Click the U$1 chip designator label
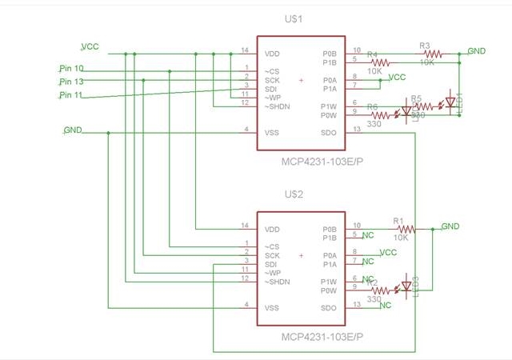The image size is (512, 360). (x=300, y=18)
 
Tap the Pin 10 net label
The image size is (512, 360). (x=71, y=69)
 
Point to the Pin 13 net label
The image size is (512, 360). (x=71, y=82)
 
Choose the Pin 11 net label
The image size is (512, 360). (x=71, y=95)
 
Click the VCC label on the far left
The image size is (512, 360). (x=90, y=46)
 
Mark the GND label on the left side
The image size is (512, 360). (x=72, y=130)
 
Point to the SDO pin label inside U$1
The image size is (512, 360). (x=329, y=132)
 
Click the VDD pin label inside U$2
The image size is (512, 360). (x=272, y=229)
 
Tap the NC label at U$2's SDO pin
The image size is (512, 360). (x=386, y=306)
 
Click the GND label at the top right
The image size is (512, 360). (x=476, y=51)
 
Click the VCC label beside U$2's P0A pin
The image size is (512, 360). (x=388, y=253)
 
